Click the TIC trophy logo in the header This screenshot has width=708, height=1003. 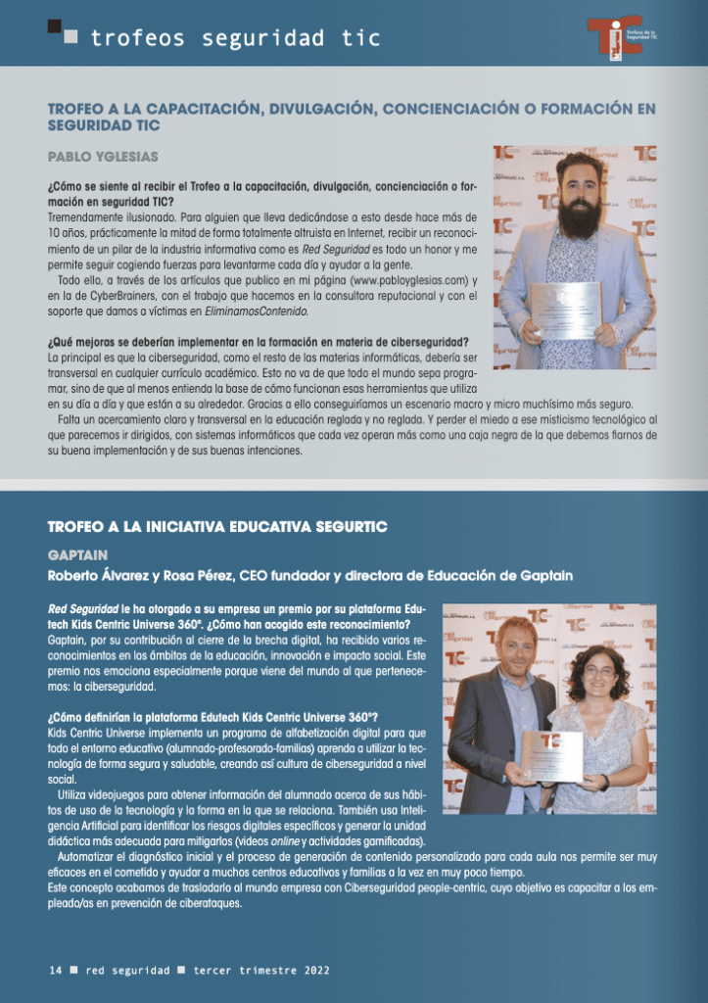point(614,38)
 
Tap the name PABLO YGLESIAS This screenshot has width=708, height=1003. point(103,157)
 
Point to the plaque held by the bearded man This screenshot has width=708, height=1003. point(566,310)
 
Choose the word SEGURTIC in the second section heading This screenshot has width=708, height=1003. point(348,527)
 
